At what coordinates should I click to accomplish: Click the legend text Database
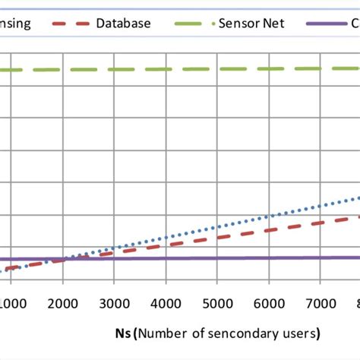(122, 23)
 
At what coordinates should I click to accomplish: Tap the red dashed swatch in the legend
(69, 23)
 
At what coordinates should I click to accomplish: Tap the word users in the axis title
(298, 333)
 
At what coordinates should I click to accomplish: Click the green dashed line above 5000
(218, 68)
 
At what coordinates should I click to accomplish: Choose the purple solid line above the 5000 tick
(218, 258)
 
